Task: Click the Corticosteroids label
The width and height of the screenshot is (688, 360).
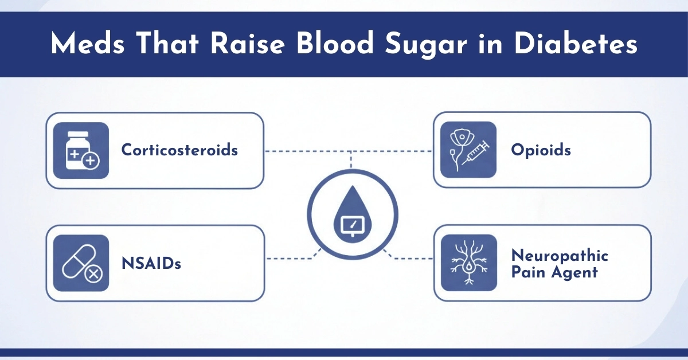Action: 179,150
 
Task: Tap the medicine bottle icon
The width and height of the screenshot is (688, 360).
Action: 81,150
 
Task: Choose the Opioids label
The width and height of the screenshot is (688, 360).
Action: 541,150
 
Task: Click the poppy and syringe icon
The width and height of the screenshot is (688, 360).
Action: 468,150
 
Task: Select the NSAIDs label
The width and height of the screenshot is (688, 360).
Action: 151,263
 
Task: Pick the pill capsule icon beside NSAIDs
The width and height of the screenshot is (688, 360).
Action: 81,263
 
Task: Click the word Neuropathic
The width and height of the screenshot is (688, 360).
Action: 560,255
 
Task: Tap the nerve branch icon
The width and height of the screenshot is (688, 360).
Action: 468,263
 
